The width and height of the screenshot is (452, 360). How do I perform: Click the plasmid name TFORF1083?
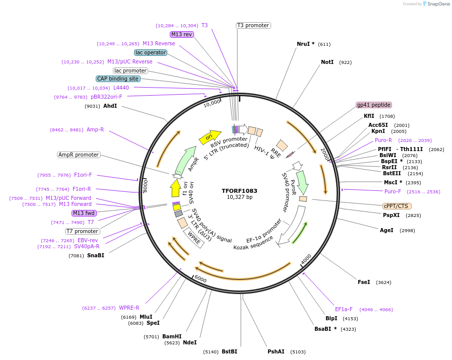[x=239, y=191]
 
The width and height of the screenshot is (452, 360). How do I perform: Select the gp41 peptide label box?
[x=374, y=105]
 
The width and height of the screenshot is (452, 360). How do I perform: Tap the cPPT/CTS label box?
[x=397, y=206]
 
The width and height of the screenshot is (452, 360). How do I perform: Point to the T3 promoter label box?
[x=253, y=25]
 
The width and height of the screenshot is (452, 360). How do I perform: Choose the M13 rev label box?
[x=182, y=34]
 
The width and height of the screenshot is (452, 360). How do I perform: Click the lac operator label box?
[x=150, y=52]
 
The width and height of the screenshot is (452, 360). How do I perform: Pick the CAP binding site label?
[x=118, y=79]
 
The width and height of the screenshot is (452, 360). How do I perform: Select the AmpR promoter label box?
[x=79, y=155]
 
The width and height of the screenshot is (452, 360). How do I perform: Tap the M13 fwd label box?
[x=84, y=213]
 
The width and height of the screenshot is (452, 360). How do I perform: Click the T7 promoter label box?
[x=83, y=231]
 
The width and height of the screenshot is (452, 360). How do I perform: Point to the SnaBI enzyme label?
[x=96, y=256]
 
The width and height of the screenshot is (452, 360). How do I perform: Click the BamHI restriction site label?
[x=172, y=336]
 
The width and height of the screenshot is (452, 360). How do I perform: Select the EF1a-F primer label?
[x=344, y=309]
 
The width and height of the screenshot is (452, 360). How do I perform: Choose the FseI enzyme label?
[x=364, y=282]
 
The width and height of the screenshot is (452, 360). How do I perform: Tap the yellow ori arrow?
[x=210, y=136]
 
